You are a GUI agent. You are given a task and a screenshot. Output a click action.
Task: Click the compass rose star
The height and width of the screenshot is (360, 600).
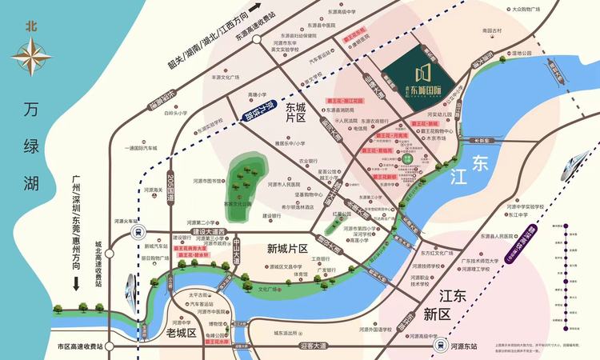[x=31, y=59]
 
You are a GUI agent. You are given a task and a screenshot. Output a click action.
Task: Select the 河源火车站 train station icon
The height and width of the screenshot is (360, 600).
[x=137, y=232]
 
